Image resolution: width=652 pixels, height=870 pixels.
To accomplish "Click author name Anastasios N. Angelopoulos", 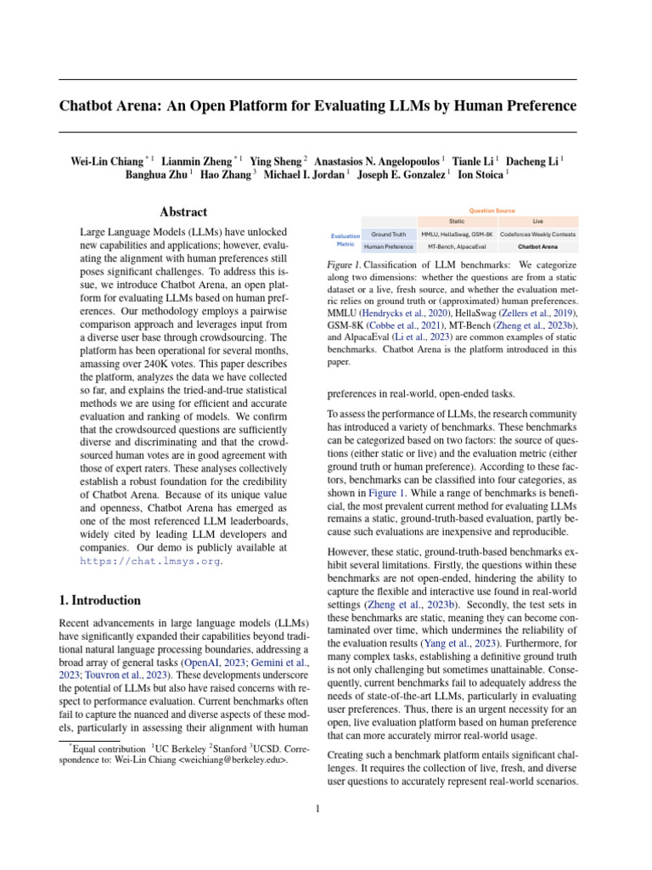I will (x=378, y=160).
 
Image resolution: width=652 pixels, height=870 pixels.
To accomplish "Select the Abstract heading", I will (x=183, y=212).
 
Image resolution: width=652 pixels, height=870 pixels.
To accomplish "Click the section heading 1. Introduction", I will (x=99, y=600).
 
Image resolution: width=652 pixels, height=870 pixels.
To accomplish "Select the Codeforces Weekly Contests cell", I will (x=537, y=234).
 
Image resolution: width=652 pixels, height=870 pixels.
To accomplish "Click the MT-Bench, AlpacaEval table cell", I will (x=456, y=246).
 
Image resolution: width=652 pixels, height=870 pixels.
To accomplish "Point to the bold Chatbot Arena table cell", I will (x=537, y=246).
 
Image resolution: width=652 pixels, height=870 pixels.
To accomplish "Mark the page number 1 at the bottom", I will (x=318, y=808).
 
